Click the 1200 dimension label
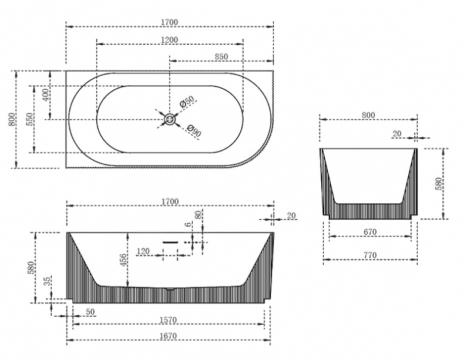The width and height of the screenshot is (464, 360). pyautogui.click(x=170, y=39)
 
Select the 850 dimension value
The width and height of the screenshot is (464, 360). pyautogui.click(x=221, y=56)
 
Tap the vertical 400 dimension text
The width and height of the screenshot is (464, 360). pyautogui.click(x=46, y=95)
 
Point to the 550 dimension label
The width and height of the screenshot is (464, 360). pyautogui.click(x=30, y=119)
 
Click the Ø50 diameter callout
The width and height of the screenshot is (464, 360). pyautogui.click(x=187, y=101)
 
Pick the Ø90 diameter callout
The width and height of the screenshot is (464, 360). pyautogui.click(x=194, y=131)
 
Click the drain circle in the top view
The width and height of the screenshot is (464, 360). pyautogui.click(x=170, y=119)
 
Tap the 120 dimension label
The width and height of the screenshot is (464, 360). pyautogui.click(x=143, y=251)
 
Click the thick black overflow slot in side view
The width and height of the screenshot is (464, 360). pyautogui.click(x=170, y=243)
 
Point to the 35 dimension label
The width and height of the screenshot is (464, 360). pyautogui.click(x=48, y=281)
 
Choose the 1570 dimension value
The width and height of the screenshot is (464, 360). pyautogui.click(x=168, y=320)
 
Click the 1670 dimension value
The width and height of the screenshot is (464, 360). pyautogui.click(x=168, y=336)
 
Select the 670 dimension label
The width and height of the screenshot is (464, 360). pyautogui.click(x=370, y=232)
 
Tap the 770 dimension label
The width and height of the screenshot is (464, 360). pyautogui.click(x=370, y=255)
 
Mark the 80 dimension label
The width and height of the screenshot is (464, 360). pyautogui.click(x=199, y=214)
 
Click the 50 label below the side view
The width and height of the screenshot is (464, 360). pyautogui.click(x=90, y=312)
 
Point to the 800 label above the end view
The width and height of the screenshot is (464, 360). pyautogui.click(x=368, y=115)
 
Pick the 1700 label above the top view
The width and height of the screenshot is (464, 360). pyautogui.click(x=170, y=22)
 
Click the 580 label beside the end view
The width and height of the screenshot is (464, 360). pyautogui.click(x=439, y=184)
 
